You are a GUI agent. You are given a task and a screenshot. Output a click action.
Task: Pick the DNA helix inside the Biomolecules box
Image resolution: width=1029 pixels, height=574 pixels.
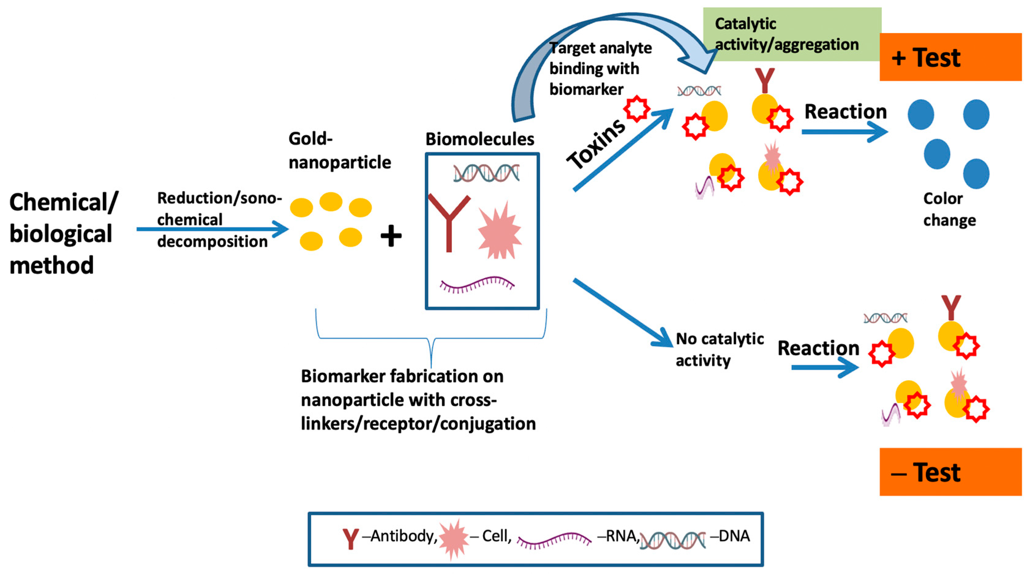[486, 173]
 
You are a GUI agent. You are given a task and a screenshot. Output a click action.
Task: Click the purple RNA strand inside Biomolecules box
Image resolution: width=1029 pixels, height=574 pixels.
[477, 284]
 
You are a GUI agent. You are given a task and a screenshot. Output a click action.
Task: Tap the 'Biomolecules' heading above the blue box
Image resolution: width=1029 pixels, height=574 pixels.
[479, 139]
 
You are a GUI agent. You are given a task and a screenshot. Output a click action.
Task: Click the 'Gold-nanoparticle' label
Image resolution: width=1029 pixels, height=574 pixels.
[340, 151]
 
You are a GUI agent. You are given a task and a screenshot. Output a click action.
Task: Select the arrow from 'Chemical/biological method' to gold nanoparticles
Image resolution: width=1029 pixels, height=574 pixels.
[212, 229]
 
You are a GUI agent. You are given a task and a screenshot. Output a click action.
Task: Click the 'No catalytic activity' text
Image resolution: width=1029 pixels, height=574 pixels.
[719, 350]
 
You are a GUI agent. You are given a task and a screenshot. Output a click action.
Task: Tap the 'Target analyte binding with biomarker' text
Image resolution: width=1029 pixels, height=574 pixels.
[599, 69]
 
